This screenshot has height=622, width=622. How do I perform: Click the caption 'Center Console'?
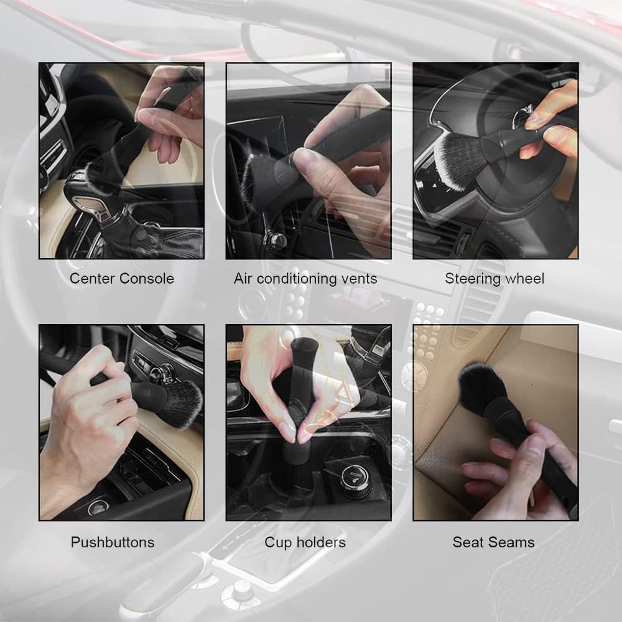coord(121,278)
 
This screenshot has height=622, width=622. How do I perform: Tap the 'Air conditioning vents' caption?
coord(305,278)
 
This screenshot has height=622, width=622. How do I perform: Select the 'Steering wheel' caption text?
coord(494,278)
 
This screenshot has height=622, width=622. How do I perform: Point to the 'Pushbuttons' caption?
coord(113,542)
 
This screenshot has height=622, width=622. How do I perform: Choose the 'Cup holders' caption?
coord(305,542)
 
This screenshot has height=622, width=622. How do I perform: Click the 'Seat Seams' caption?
coord(493,542)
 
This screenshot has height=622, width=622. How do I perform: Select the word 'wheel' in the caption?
coord(524,278)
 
